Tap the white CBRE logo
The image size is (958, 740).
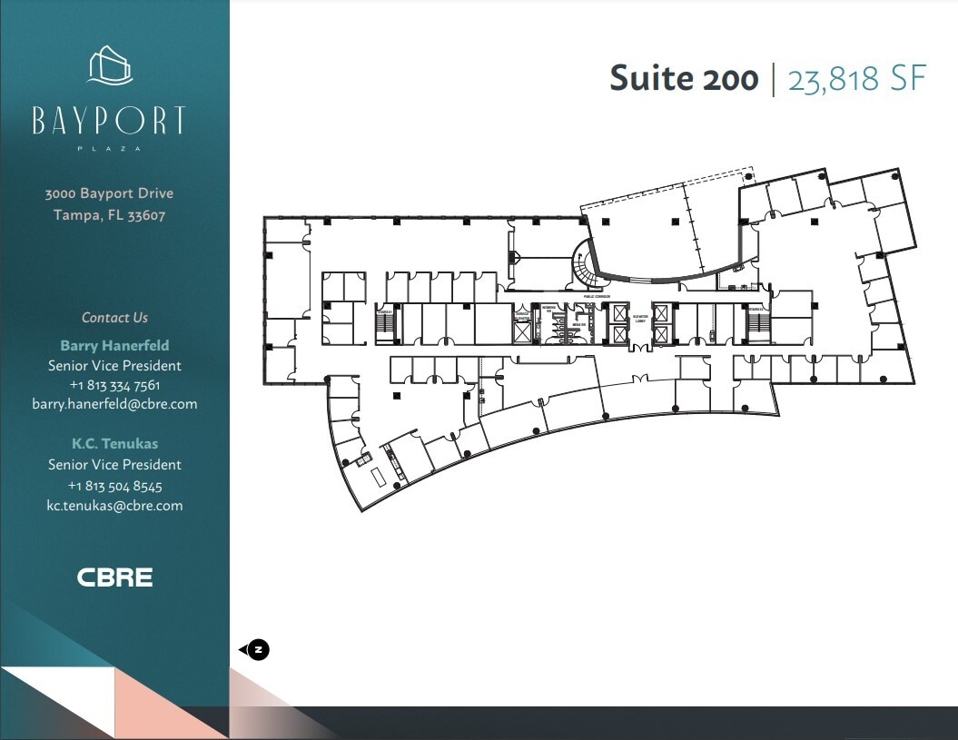114,577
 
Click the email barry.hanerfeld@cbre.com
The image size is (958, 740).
114,404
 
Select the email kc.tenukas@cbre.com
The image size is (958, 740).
114,506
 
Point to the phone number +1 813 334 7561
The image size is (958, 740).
114,385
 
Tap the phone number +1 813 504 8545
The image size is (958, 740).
114,486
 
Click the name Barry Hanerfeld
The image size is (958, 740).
114,345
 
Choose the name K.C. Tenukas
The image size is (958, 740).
114,444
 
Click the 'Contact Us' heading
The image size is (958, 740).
114,318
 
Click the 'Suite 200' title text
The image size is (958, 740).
683,79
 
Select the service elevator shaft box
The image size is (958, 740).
522,331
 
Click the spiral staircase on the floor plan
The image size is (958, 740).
582,265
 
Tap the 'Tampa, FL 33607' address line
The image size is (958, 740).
109,215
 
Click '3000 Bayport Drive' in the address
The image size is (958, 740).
109,193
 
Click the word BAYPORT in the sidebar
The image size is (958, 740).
109,121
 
